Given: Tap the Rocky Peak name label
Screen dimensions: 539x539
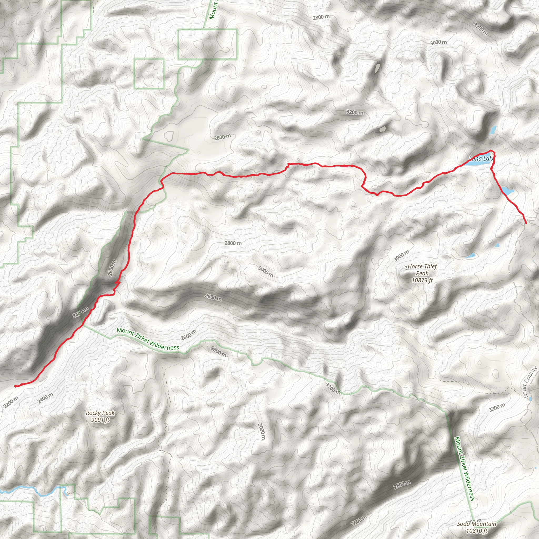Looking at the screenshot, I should click(x=100, y=413).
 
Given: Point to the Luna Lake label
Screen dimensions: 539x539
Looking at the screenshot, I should click(x=482, y=159).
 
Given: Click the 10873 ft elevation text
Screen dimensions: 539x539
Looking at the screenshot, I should click(x=422, y=280).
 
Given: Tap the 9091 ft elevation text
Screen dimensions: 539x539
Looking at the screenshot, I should click(x=100, y=420).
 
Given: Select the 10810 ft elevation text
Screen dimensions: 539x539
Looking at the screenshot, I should click(x=477, y=531).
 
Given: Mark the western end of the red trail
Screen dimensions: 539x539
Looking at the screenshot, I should click(x=15, y=386).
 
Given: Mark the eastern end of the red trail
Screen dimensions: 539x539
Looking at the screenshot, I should click(x=526, y=223).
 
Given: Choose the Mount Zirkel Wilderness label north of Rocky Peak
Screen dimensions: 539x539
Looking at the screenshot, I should click(x=148, y=339).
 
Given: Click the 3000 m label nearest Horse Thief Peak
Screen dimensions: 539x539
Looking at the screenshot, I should click(x=401, y=256).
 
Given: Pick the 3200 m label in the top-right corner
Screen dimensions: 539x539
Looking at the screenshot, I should click(x=480, y=29).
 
